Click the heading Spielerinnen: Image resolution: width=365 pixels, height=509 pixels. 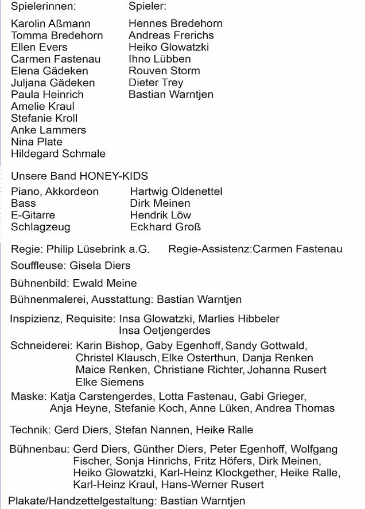[x=43, y=7]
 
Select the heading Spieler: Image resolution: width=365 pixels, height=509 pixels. [x=147, y=7]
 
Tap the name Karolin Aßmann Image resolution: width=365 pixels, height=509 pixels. [x=51, y=24]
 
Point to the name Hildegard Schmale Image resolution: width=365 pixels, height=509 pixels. [x=58, y=153]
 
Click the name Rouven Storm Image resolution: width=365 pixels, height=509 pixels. [x=164, y=71]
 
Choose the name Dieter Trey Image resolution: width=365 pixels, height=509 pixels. [x=156, y=83]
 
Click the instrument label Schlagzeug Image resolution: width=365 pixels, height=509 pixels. [x=40, y=227]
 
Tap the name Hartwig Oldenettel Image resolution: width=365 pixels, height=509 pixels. [x=176, y=191]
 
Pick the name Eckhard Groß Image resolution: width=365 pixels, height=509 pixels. [x=165, y=227]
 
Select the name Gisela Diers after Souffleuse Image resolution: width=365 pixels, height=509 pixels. [x=100, y=265]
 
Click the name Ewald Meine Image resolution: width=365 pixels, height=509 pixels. [x=104, y=283]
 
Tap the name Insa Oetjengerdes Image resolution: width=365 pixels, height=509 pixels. [x=164, y=330]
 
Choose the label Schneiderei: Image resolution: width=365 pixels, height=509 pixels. [x=41, y=345]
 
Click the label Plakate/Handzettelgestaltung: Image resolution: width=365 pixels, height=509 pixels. [x=81, y=501]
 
